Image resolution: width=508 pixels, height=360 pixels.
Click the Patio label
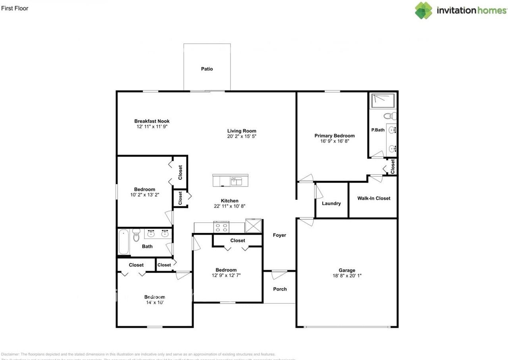[x=207, y=69]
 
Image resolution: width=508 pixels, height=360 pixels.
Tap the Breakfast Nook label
[x=152, y=121]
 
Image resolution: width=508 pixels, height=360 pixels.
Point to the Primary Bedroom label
[x=334, y=136]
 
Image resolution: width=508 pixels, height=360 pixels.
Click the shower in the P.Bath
[x=382, y=101]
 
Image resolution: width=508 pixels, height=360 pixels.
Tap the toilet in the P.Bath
[x=390, y=116]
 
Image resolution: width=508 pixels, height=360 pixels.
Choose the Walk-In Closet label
[x=373, y=198]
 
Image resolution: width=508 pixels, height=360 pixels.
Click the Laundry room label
[x=331, y=204]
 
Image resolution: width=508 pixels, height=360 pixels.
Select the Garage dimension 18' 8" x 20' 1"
[x=347, y=276]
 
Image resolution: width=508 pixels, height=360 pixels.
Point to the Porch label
[x=280, y=289]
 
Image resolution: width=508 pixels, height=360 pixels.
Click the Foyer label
[x=279, y=235]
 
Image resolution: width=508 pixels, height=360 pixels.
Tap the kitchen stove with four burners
[x=221, y=227]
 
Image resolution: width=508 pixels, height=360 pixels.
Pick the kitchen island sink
[x=237, y=181]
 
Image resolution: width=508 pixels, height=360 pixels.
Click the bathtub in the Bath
[x=124, y=242]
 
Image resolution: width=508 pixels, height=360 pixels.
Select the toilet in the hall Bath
[x=136, y=236]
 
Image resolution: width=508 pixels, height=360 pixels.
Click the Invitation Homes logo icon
[x=423, y=10]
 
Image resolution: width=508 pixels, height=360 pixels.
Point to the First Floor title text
[x=15, y=8]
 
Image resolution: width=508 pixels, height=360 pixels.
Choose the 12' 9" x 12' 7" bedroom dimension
[x=226, y=275]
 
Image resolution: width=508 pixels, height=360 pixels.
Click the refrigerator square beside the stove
[x=253, y=226]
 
